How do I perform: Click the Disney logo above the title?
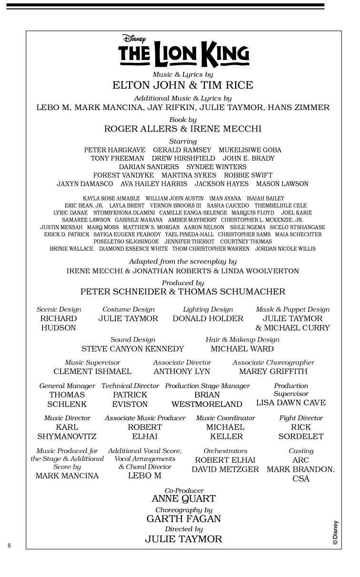click(x=134, y=39)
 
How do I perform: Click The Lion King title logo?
click(x=183, y=55)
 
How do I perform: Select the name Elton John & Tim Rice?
click(x=183, y=85)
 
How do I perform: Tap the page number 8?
click(x=9, y=546)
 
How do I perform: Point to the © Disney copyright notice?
click(x=335, y=532)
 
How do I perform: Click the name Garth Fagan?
click(x=183, y=519)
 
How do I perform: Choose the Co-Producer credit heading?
click(x=184, y=490)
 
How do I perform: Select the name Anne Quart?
click(x=183, y=499)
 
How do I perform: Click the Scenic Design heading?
click(x=59, y=309)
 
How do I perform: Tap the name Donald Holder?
click(x=208, y=318)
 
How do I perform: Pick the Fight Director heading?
click(x=301, y=418)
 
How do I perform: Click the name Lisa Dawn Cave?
click(x=291, y=403)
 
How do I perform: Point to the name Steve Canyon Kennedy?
click(x=133, y=349)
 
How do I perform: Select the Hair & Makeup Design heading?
click(x=242, y=340)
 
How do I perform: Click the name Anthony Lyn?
click(x=181, y=371)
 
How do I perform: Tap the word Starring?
click(x=183, y=142)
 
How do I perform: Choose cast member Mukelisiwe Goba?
click(x=250, y=150)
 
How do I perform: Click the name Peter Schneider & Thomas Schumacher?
click(x=183, y=292)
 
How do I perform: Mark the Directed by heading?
click(x=183, y=529)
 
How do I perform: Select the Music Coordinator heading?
click(x=225, y=418)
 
